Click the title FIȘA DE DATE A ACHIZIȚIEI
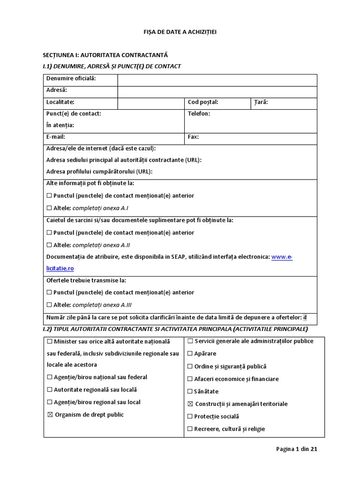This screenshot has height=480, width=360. pyautogui.click(x=180, y=32)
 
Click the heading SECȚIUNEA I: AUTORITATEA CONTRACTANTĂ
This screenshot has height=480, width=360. pyautogui.click(x=105, y=55)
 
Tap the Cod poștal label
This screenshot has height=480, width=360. pyautogui.click(x=203, y=102)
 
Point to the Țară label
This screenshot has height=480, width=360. pyautogui.click(x=261, y=102)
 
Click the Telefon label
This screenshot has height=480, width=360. pyautogui.click(x=199, y=113)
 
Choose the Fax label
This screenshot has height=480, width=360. pyautogui.click(x=193, y=137)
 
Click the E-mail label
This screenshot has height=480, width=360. pyautogui.click(x=56, y=137)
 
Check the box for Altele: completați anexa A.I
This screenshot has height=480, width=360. pyautogui.click(x=49, y=208)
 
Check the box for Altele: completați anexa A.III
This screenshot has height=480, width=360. pyautogui.click(x=49, y=305)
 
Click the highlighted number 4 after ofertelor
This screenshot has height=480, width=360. pyautogui.click(x=305, y=317)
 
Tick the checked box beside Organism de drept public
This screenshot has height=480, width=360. pyautogui.click(x=50, y=415)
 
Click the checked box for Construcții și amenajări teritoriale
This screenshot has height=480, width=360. pyautogui.click(x=190, y=404)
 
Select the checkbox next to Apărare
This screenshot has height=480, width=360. pyautogui.click(x=190, y=354)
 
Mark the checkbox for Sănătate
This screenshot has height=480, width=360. pyautogui.click(x=190, y=391)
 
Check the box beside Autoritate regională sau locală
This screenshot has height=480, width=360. pyautogui.click(x=49, y=390)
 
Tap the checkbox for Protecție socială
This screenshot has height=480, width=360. pyautogui.click(x=190, y=416)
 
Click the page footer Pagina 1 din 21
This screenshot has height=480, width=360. pyautogui.click(x=297, y=449)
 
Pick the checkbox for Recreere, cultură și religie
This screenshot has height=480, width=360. pyautogui.click(x=190, y=429)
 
